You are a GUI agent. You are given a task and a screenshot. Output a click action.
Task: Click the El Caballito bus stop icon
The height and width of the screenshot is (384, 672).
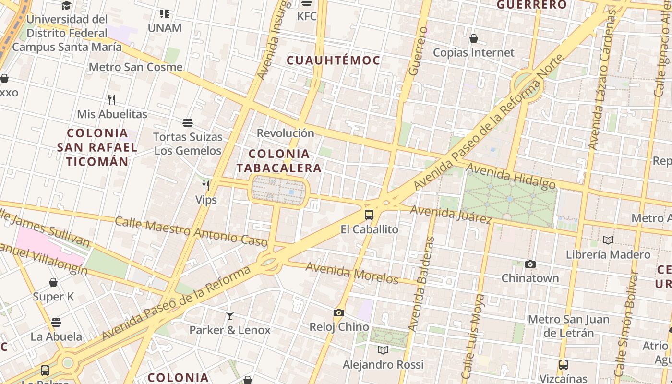(x=369, y=215)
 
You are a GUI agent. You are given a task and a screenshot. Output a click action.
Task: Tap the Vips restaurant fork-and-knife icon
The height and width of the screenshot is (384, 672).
(x=206, y=186)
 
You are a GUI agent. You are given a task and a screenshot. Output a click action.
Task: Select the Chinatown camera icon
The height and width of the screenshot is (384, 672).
(x=530, y=264)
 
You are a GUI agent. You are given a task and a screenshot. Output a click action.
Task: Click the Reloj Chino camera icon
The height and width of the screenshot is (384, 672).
(x=339, y=313)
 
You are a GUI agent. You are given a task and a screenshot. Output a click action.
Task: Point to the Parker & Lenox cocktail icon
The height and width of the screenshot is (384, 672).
(x=230, y=316)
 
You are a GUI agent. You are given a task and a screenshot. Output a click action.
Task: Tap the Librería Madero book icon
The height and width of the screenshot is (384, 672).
(x=608, y=240)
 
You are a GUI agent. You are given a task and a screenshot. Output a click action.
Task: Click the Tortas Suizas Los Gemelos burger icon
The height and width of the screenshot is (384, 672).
(x=188, y=123)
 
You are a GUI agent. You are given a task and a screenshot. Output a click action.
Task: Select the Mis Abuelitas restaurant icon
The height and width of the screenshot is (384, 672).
(x=112, y=100)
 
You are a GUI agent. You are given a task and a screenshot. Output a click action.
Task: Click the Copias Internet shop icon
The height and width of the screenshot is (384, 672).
(x=474, y=38)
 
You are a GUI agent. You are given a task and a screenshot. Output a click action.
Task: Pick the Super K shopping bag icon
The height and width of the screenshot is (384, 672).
(x=53, y=282)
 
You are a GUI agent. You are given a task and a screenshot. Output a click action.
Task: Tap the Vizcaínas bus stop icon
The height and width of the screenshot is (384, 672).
(x=564, y=365)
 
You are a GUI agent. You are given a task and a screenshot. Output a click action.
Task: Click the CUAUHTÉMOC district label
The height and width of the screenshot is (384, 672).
(x=333, y=60)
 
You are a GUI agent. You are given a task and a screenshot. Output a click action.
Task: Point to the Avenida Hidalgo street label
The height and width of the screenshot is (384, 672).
(x=511, y=176)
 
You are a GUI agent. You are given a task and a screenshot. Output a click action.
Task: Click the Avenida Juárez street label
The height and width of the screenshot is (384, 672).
(x=451, y=215)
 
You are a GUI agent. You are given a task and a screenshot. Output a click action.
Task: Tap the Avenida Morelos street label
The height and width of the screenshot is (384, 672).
(x=352, y=273)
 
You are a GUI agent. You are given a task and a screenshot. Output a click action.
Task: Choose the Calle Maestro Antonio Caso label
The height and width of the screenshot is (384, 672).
(x=191, y=231)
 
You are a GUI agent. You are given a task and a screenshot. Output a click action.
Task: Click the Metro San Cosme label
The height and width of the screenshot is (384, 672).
(x=135, y=67)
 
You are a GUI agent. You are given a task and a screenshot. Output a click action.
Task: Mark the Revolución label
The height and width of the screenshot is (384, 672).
(x=285, y=133)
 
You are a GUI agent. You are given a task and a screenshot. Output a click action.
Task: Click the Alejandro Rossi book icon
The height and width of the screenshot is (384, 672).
(x=383, y=350)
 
